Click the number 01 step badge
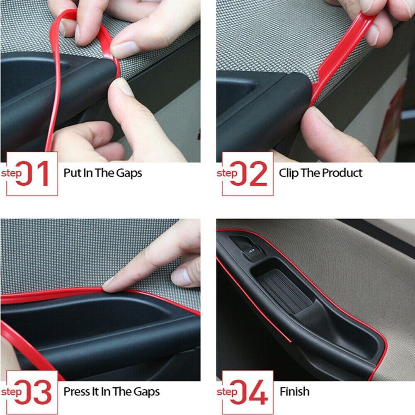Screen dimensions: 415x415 [x=32, y=173]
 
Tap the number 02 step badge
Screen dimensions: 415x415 [x=248, y=173]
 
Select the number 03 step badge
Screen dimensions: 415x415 [x=32, y=392]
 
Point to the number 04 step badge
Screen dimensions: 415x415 [x=248, y=392]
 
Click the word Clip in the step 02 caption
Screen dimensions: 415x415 [x=289, y=173]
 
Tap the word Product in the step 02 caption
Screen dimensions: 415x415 [x=342, y=173]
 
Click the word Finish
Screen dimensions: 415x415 [x=294, y=391]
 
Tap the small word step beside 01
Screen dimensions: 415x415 [x=12, y=173]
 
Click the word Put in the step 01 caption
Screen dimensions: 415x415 [x=71, y=173]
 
